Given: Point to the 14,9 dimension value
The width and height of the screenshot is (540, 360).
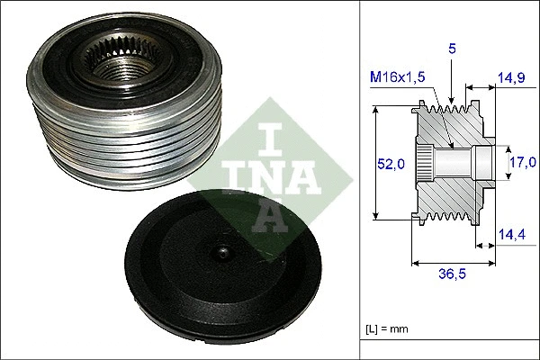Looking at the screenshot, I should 511,78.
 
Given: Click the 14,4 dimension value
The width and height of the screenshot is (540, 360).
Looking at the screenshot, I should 511,237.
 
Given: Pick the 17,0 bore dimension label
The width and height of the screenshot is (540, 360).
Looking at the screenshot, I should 521,163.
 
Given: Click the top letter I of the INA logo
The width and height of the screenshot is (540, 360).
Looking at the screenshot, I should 271,135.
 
